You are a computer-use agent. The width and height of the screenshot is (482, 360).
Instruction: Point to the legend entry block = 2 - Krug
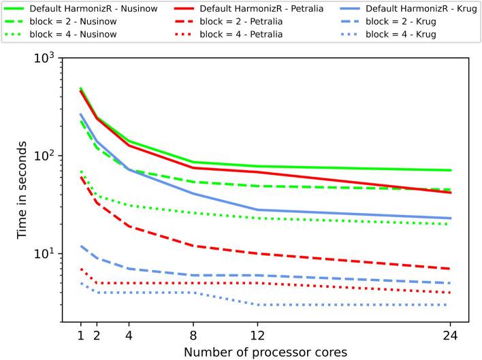click(x=395, y=22)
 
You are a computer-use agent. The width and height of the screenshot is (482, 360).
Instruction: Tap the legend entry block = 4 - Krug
click(x=395, y=35)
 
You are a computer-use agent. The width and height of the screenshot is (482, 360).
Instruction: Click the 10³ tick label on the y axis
click(x=46, y=58)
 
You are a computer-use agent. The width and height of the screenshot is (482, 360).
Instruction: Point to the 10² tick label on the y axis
click(x=46, y=155)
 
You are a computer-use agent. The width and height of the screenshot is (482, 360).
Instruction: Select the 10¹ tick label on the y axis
click(x=46, y=253)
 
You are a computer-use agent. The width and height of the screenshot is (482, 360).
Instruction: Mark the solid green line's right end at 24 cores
click(x=450, y=170)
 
